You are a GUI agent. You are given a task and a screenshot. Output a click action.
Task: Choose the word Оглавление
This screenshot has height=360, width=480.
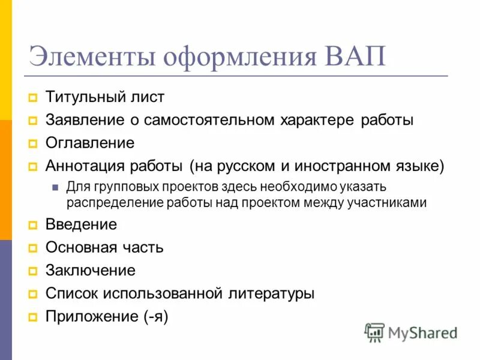pos(90,143)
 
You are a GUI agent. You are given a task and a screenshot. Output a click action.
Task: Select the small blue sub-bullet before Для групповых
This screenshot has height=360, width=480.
pos(55,187)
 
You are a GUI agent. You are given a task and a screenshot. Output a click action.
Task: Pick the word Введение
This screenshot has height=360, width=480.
pos(82,225)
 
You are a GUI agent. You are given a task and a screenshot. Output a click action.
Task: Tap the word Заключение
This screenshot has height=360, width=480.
pos(91,271)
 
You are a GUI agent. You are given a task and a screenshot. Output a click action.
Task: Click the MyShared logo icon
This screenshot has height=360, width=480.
pos(374,332)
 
